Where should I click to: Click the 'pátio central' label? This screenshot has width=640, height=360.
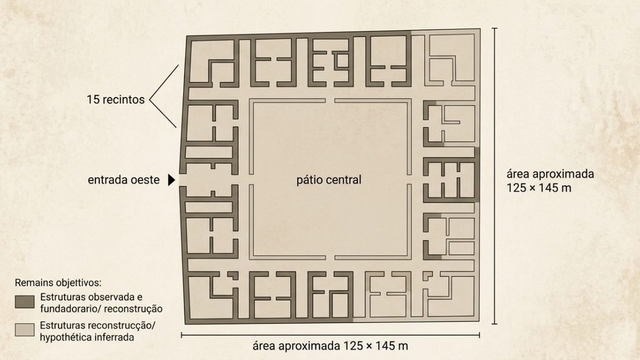329,180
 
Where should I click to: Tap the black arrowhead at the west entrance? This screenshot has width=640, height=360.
172,179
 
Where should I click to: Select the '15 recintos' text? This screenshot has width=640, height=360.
116,99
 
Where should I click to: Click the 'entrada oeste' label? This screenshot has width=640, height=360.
123,180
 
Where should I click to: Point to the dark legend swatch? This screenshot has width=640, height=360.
25,302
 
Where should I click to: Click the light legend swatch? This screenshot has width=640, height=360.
25,330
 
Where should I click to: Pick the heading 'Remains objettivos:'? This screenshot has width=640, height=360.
58,282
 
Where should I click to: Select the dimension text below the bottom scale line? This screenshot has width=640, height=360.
330,346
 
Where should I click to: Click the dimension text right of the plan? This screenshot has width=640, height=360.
550,181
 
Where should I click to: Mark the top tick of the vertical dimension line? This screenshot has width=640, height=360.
495,28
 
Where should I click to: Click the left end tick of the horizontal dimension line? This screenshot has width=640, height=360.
181,335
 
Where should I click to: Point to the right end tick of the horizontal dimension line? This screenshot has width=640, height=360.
479,335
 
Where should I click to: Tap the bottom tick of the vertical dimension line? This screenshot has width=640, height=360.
495,324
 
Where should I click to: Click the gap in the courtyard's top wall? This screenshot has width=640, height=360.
330,101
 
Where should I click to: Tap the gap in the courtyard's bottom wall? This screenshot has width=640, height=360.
330,258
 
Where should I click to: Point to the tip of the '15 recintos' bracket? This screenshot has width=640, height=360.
150,99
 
